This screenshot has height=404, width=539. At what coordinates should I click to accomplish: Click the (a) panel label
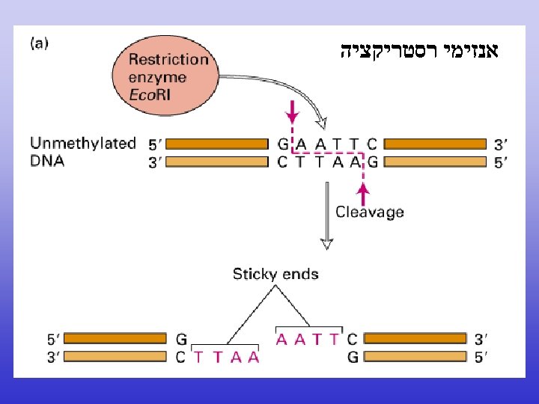point(40,43)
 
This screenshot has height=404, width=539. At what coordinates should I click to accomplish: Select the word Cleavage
point(370,212)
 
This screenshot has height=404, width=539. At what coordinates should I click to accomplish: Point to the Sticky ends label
point(275,274)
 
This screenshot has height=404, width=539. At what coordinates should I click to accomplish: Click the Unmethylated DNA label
point(82,150)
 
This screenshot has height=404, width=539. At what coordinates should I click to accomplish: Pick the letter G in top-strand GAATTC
point(283,144)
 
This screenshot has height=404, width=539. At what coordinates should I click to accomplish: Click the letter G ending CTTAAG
point(372,162)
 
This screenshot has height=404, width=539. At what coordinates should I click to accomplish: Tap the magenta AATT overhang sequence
point(308,339)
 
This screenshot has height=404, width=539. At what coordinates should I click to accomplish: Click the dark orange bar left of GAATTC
point(216,144)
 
